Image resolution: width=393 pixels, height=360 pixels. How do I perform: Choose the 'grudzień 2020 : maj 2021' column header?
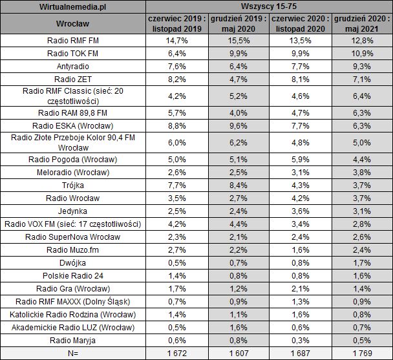(361, 24)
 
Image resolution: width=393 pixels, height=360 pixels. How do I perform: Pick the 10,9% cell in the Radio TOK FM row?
(361, 53)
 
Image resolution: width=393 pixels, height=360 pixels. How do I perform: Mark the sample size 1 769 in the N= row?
(361, 354)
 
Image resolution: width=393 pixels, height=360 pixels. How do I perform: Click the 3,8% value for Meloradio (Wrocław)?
(361, 173)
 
